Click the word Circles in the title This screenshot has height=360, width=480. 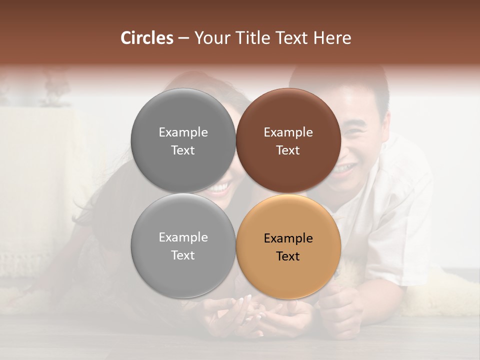point(146,38)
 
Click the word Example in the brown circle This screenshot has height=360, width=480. point(288,132)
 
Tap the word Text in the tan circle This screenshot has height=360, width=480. point(288,256)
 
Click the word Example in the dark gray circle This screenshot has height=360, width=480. point(183,132)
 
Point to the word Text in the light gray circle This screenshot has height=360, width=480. point(183,255)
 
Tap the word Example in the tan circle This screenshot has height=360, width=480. point(288,238)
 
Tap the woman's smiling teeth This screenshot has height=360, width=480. point(220,188)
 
